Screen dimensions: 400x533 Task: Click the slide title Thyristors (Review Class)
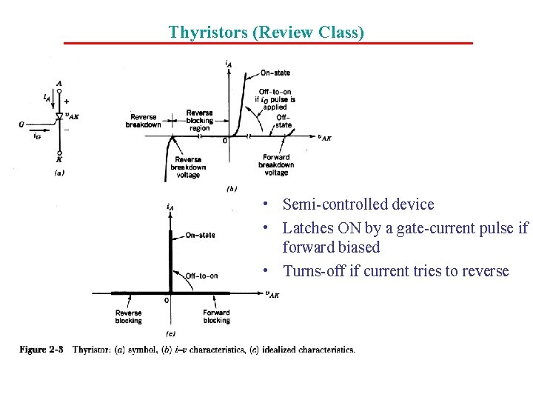coord(266,32)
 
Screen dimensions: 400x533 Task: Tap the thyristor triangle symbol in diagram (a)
coord(59,116)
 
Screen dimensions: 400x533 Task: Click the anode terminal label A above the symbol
coord(59,83)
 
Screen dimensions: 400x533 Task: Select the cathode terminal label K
coord(59,159)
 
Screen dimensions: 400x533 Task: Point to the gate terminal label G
coord(22,124)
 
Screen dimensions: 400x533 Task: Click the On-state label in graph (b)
coord(275,73)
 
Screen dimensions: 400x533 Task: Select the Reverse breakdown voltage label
coord(188,167)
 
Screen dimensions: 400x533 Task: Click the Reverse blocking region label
coord(199,120)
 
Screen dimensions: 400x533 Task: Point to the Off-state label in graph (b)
coord(284,121)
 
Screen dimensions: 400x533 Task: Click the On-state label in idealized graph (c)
coord(200,235)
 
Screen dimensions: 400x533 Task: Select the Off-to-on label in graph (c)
coord(201,276)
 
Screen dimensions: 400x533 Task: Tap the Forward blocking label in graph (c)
coord(216,316)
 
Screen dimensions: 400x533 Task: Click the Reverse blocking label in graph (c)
coord(128,316)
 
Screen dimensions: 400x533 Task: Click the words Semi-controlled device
coord(358,204)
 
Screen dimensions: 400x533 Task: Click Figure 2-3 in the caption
coord(42,350)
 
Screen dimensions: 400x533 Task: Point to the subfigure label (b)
coord(231,189)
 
